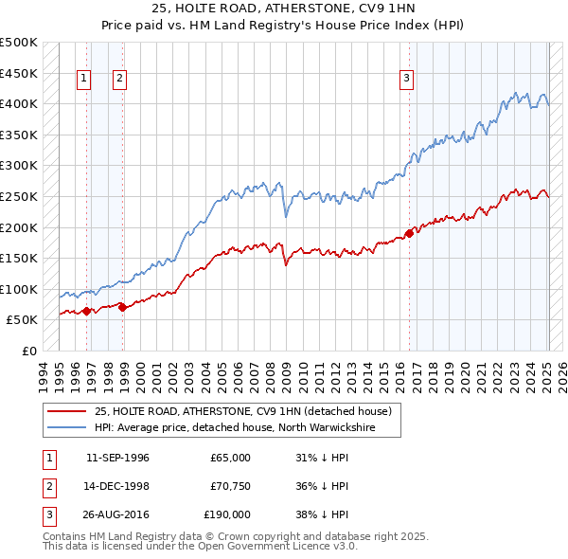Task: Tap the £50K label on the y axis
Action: click(x=23, y=320)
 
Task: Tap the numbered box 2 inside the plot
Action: click(x=120, y=80)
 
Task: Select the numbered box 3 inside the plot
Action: click(x=406, y=80)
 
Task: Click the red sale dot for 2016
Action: click(x=409, y=232)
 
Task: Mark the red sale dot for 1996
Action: click(x=86, y=310)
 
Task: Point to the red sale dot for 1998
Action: click(x=122, y=306)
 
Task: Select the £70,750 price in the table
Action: click(x=230, y=486)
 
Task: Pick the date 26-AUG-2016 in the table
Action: click(x=117, y=514)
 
